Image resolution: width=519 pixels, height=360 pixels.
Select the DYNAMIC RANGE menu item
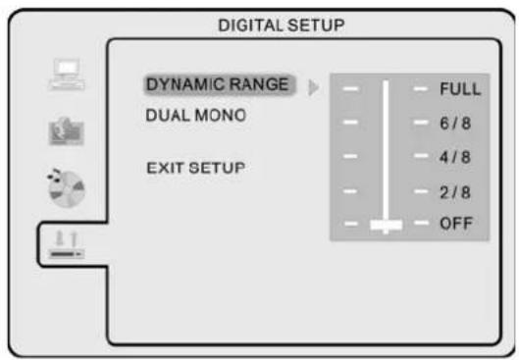pos(217,84)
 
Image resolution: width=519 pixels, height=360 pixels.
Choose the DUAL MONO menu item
pos(196,115)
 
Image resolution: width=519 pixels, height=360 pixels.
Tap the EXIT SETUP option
pos(195,168)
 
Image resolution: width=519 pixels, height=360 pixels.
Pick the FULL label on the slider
pos(459,89)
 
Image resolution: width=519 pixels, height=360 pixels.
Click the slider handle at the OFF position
pos(386,225)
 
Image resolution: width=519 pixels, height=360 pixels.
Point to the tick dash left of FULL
pos(422,89)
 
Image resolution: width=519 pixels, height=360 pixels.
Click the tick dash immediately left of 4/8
pos(422,157)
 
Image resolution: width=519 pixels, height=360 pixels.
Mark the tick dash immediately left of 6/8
pos(422,124)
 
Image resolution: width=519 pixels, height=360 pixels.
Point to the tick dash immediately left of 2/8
pos(422,191)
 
